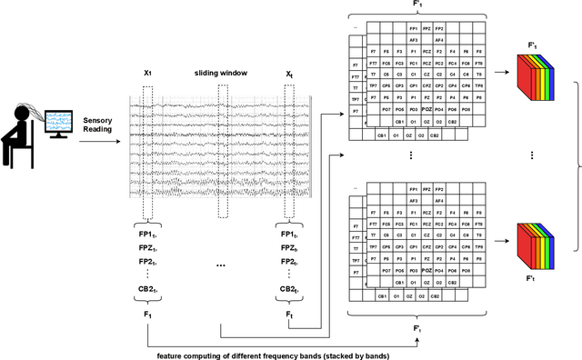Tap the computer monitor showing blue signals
tap(59, 123)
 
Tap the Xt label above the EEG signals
tap(288, 73)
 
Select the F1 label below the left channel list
tap(147, 314)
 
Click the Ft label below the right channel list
tap(288, 314)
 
